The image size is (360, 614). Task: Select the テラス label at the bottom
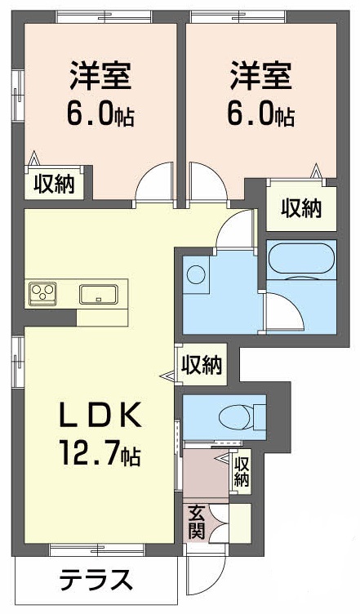click(96, 581)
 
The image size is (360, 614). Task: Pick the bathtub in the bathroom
click(300, 259)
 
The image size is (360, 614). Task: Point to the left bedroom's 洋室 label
click(101, 78)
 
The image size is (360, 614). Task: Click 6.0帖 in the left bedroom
click(100, 115)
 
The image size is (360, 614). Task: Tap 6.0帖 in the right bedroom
click(260, 115)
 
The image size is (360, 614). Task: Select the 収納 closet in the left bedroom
click(54, 185)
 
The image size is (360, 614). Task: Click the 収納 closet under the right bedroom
click(301, 209)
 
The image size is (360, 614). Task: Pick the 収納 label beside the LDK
click(201, 364)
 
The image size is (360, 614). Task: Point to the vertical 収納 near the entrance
click(242, 472)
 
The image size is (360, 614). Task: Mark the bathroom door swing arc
click(282, 313)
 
